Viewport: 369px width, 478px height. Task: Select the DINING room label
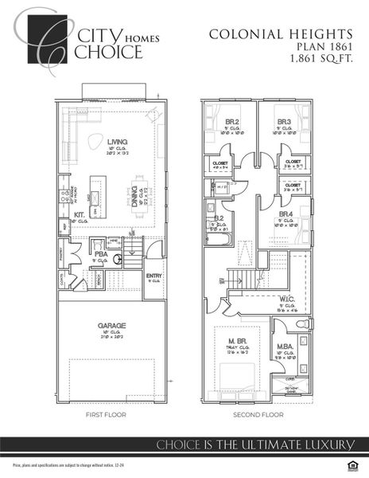[x=134, y=192]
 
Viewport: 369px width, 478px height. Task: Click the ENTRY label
[x=154, y=276]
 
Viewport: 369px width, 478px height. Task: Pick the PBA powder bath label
[x=101, y=253]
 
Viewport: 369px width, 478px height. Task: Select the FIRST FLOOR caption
[x=108, y=415]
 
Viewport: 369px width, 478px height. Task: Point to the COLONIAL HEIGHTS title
[x=280, y=33]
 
